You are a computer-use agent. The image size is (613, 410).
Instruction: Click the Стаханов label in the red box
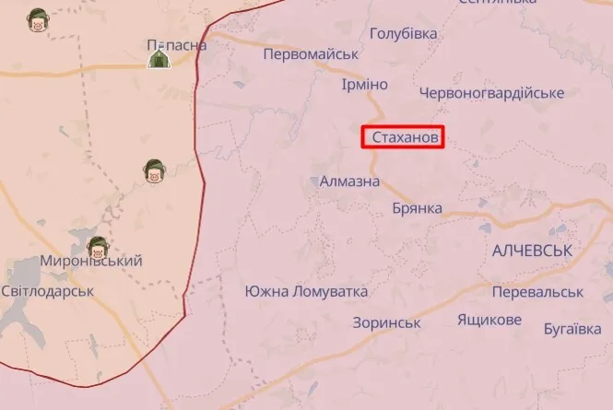click(404, 138)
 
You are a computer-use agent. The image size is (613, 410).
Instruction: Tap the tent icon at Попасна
click(159, 58)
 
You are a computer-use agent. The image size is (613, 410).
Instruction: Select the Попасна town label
click(176, 44)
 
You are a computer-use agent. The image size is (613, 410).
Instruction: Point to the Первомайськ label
click(311, 54)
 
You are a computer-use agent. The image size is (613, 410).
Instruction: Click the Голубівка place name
click(403, 33)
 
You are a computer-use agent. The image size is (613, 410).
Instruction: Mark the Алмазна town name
click(349, 182)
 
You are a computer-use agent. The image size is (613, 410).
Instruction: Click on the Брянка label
click(417, 208)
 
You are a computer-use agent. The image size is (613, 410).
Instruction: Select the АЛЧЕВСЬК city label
click(533, 251)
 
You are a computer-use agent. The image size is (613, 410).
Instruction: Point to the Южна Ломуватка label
click(306, 291)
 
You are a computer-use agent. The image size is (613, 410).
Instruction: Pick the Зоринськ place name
click(386, 322)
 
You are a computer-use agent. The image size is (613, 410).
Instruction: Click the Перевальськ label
click(537, 291)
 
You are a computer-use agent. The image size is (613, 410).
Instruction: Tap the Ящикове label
click(489, 320)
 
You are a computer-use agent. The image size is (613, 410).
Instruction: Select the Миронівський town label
click(91, 261)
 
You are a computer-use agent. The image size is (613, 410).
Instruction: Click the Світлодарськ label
click(47, 290)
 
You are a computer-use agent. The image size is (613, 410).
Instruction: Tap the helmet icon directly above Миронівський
click(97, 246)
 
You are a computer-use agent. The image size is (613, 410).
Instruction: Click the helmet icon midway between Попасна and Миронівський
click(153, 170)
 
